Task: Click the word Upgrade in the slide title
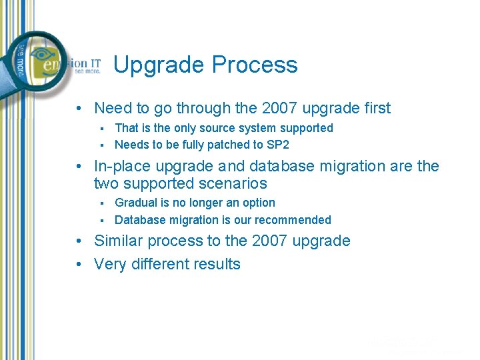[x=159, y=65]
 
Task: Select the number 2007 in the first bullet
[x=284, y=108]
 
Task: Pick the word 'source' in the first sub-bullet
[x=210, y=128]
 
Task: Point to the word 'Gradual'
[x=136, y=203]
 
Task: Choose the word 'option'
[x=258, y=203]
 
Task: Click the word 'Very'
[x=109, y=264]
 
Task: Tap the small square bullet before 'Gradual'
[x=103, y=203]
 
